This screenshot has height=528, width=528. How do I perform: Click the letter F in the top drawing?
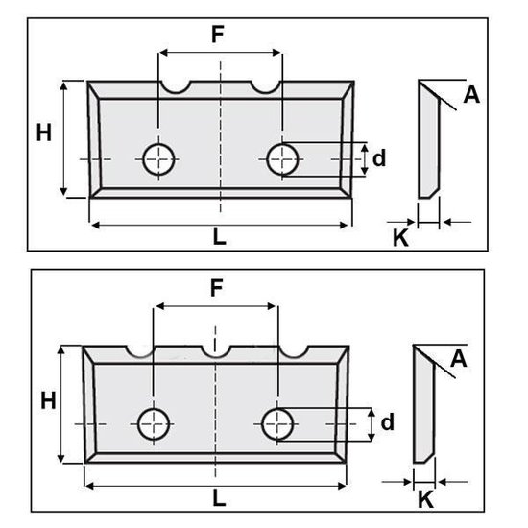pyautogui.click(x=218, y=35)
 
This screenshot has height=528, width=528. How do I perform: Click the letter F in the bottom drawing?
pyautogui.click(x=217, y=288)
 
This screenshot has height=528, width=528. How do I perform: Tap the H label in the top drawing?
pyautogui.click(x=44, y=132)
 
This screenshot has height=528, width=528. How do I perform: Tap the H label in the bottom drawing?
pyautogui.click(x=48, y=400)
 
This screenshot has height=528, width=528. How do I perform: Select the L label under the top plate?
pyautogui.click(x=219, y=236)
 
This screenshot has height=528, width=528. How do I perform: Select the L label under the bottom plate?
pyautogui.click(x=219, y=498)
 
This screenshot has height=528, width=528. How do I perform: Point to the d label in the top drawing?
pyautogui.click(x=379, y=157)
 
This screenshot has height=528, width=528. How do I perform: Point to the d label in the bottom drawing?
pyautogui.click(x=387, y=421)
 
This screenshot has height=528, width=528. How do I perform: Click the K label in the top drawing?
pyautogui.click(x=400, y=238)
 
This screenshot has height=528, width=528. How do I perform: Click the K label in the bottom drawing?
pyautogui.click(x=425, y=499)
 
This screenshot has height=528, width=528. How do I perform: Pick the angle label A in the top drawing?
pyautogui.click(x=471, y=95)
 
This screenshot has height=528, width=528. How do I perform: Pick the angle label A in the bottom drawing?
pyautogui.click(x=459, y=359)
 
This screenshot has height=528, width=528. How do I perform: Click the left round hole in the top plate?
pyautogui.click(x=158, y=159)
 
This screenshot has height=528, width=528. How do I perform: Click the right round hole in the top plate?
pyautogui.click(x=282, y=159)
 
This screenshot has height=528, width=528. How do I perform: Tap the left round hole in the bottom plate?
pyautogui.click(x=154, y=424)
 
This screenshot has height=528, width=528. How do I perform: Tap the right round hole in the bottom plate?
pyautogui.click(x=277, y=424)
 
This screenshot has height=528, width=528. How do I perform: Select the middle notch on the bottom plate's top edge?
pyautogui.click(x=216, y=356)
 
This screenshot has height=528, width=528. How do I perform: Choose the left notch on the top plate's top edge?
pyautogui.click(x=176, y=91)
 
